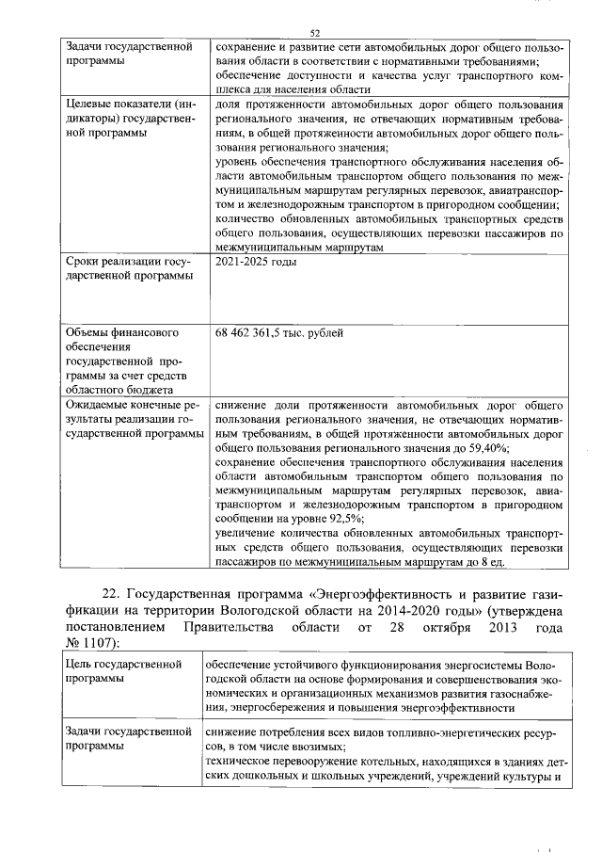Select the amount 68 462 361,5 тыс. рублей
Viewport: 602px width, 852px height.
point(279,333)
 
